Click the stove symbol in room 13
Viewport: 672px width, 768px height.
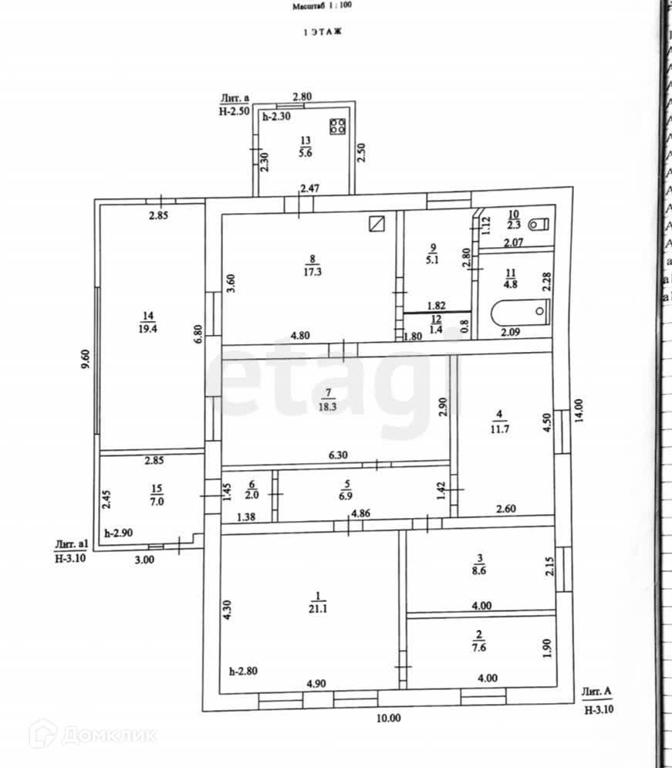coord(337,127)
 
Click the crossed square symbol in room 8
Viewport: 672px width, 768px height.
coord(377,224)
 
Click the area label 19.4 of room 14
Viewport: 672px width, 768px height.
coord(148,326)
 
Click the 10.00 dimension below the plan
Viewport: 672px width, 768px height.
coord(389,718)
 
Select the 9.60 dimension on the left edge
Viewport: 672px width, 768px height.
coord(85,361)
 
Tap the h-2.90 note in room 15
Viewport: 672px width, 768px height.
coord(119,533)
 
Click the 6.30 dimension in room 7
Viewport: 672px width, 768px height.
coord(338,455)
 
